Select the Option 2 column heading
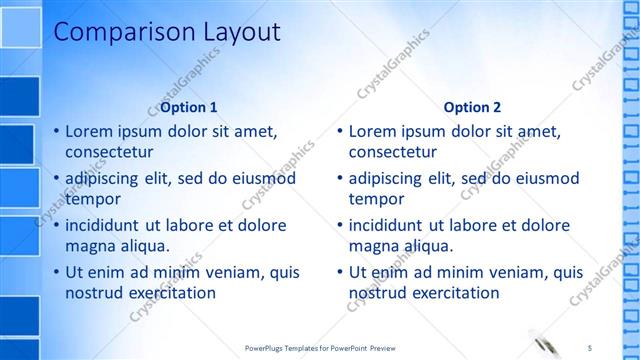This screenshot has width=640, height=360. tap(472, 107)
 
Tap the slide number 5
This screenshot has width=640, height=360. tap(590, 347)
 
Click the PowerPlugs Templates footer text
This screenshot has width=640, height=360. tap(320, 347)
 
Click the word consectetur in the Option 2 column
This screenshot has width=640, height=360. tap(393, 152)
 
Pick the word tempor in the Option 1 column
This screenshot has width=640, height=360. tap(92, 198)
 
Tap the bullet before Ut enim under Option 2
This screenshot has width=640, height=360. tap(340, 272)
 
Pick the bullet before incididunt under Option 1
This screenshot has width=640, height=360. tap(56, 225)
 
